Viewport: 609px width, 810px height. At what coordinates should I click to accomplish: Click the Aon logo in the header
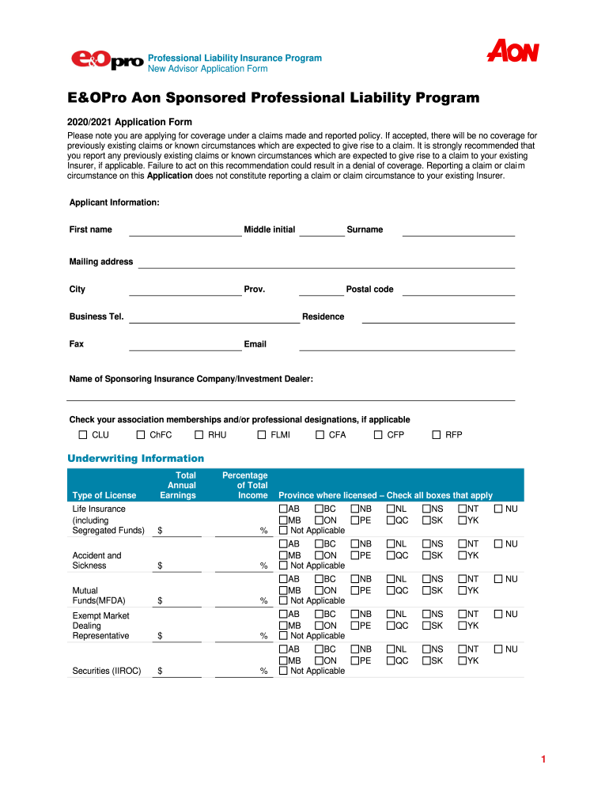513,52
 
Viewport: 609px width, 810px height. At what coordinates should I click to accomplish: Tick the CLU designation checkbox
84,435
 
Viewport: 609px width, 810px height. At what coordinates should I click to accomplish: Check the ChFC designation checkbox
141,435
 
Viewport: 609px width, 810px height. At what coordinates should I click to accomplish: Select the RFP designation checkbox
437,435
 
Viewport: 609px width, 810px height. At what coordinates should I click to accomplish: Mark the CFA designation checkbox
320,435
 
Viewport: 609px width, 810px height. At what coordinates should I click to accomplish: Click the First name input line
184,231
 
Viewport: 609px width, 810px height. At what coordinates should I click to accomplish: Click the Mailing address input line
326,263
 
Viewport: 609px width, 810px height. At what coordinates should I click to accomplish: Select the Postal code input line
459,290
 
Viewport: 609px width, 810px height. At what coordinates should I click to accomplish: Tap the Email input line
407,346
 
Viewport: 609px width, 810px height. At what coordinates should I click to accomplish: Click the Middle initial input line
322,231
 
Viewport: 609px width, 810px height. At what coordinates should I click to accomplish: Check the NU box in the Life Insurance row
498,509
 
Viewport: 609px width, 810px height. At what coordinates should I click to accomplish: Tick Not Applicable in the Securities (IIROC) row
283,671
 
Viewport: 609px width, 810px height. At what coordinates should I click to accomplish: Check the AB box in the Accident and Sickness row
283,544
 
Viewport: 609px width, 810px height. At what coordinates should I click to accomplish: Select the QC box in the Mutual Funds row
391,590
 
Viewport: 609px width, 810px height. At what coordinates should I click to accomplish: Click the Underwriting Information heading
136,459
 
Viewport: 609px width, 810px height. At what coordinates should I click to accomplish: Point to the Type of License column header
104,495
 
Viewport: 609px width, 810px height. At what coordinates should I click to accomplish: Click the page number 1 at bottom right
543,760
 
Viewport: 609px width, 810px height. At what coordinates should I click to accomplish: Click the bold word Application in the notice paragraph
170,176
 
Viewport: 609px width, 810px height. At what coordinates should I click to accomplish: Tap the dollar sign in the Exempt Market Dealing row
161,636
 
